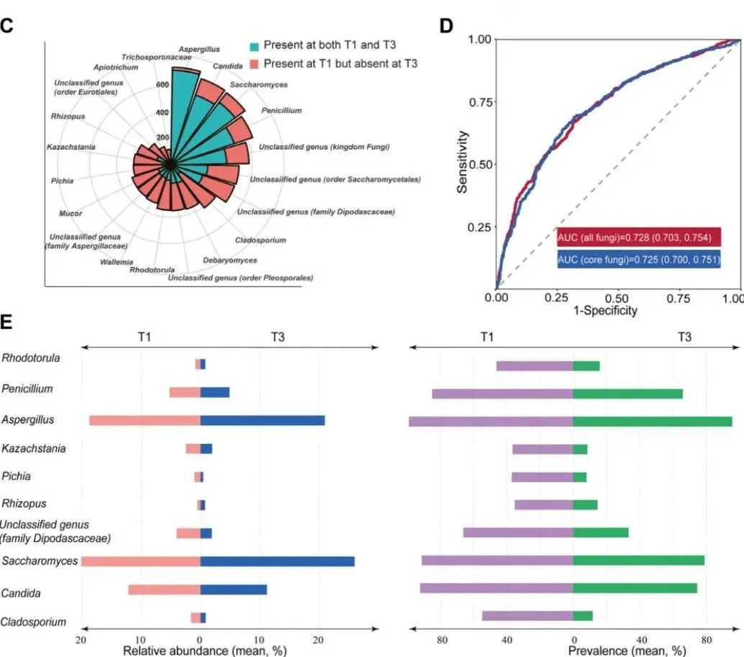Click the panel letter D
[447, 26]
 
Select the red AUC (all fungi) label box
[639, 237]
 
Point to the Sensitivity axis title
[463, 161]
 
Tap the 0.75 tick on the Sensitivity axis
[480, 101]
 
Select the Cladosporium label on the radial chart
[260, 240]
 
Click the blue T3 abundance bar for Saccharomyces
[277, 561]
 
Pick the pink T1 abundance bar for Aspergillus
[145, 420]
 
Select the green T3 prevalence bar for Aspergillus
[652, 420]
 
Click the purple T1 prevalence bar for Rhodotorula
[535, 366]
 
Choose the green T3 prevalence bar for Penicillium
[627, 394]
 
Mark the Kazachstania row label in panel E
[34, 449]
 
